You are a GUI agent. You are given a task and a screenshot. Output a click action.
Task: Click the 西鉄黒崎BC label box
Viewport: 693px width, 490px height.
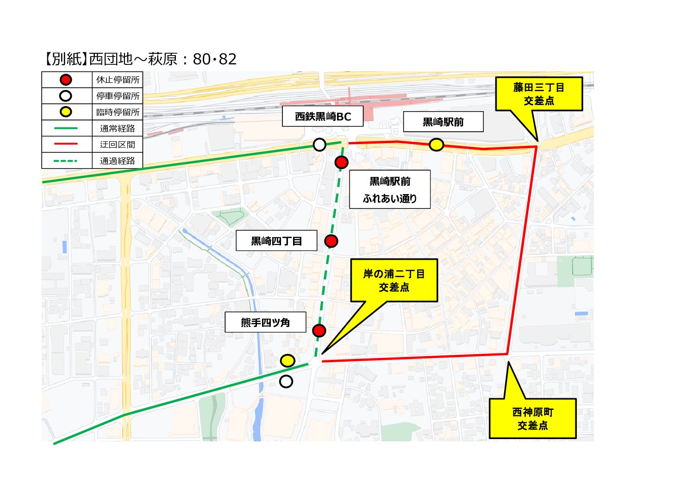(x=323, y=117)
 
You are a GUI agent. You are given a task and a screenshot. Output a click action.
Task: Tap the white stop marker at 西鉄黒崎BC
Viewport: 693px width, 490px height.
(x=319, y=144)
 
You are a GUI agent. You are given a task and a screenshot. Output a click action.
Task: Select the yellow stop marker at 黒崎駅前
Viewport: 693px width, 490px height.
(x=436, y=144)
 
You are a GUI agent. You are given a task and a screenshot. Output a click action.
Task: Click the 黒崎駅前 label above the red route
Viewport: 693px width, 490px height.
(x=443, y=122)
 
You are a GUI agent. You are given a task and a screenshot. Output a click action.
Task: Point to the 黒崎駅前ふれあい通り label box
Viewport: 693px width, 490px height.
(x=390, y=189)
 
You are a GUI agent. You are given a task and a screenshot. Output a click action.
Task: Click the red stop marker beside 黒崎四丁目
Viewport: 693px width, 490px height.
(x=331, y=241)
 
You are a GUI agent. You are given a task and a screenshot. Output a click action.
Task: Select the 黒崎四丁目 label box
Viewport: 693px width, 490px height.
(x=276, y=241)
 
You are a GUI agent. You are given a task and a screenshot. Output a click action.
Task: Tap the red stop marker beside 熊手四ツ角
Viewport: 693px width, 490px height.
(x=319, y=330)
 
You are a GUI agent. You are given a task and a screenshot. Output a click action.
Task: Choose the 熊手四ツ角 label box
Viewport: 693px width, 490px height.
(x=265, y=322)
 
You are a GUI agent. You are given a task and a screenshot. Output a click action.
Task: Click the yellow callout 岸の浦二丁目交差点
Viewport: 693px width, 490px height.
(x=394, y=281)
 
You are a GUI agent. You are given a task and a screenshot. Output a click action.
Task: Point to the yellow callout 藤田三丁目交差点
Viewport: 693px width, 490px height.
(x=539, y=94)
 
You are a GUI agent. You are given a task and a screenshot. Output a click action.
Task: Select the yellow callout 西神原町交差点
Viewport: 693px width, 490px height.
(x=533, y=419)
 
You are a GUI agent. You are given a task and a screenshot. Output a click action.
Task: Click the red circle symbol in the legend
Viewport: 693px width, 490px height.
(x=66, y=80)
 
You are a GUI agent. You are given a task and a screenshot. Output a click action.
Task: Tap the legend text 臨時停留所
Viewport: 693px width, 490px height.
(x=118, y=112)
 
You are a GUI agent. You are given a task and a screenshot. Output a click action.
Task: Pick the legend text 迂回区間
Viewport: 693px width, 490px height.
(x=118, y=144)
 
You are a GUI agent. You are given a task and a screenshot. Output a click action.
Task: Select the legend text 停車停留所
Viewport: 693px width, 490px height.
(x=118, y=96)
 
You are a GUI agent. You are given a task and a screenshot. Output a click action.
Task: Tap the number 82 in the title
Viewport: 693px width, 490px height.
(x=228, y=59)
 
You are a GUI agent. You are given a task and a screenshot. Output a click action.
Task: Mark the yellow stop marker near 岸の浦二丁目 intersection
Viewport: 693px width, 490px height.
(x=287, y=360)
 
